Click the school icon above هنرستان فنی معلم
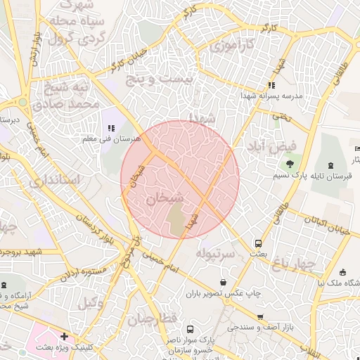point(111,128)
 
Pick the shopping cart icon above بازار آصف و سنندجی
point(261,317)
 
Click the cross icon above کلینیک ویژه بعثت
point(65,337)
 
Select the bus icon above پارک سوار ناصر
point(190,328)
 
